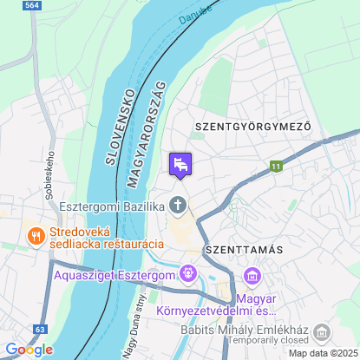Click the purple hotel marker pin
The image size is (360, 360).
point(180,165)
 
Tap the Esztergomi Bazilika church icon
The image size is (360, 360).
point(178,206)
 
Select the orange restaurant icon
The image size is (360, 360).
point(36,235)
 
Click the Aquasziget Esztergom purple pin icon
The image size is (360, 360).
point(188,274)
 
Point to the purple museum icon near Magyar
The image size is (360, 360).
point(252,277)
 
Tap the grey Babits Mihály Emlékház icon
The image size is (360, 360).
point(323,332)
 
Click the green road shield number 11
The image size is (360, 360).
point(277,166)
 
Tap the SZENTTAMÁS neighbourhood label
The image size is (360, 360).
point(244,250)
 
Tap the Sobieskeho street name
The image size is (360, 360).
point(49,176)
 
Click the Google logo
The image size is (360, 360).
point(28,350)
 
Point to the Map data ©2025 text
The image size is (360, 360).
point(322,352)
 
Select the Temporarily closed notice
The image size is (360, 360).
point(266,341)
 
